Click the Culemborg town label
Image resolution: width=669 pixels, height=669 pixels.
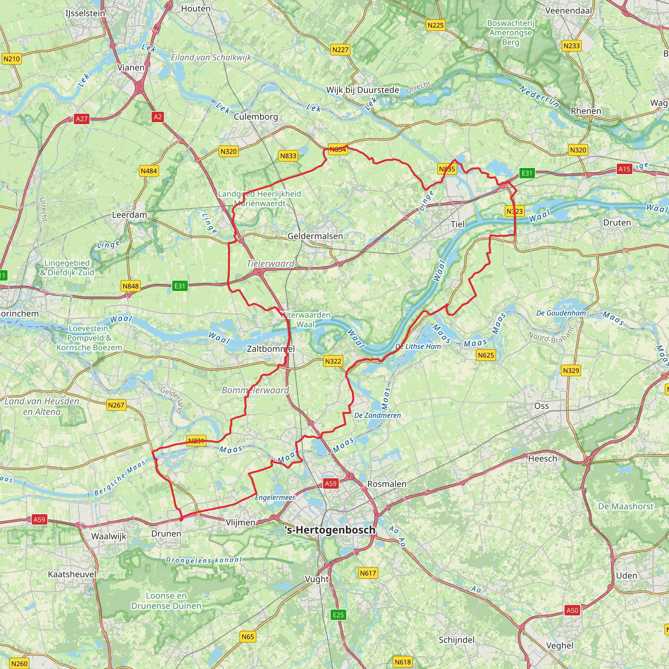coord(255,117)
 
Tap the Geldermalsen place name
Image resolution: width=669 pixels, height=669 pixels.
coord(315,236)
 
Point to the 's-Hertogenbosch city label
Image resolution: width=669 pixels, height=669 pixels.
coord(330,530)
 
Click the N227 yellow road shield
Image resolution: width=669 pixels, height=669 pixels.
coord(340,50)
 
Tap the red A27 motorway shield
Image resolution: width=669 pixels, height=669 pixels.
coord(82,119)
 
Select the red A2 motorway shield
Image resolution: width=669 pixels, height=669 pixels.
coord(157,117)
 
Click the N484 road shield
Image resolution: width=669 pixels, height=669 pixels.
coord(149,171)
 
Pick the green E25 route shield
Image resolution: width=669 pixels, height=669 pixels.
coord(338,615)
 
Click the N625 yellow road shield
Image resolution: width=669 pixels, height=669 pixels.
coord(485,355)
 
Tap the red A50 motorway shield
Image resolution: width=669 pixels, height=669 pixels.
coord(572,611)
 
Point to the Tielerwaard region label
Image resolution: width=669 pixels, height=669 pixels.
coord(270,264)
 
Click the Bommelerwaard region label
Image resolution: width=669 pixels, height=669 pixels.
coord(255,390)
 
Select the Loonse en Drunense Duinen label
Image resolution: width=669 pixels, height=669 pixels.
coord(166,601)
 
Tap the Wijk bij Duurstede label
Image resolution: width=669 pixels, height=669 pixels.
coord(362,90)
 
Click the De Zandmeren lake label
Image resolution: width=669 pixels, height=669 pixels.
coord(377,416)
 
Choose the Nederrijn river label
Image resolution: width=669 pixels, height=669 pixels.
coord(538,96)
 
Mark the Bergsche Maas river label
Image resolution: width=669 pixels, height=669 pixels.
coord(120,478)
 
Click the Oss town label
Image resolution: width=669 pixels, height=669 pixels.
coord(541,406)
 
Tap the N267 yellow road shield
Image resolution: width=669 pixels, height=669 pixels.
coord(116,405)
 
